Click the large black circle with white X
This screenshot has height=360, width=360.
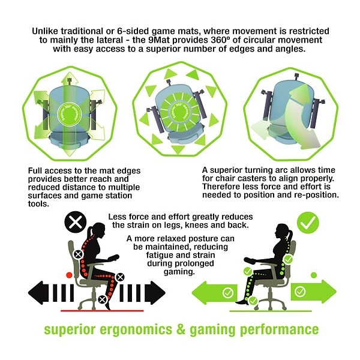point(76,222)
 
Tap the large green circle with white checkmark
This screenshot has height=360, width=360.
point(308,223)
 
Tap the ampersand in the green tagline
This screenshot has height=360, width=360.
point(181,329)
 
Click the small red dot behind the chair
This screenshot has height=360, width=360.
point(69,275)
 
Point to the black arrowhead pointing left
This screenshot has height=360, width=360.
point(38,293)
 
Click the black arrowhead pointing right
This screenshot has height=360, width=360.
point(155,293)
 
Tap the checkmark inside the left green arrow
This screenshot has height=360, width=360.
point(228,293)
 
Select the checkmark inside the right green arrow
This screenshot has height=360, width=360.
point(300,292)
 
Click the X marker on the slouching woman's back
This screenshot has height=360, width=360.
point(78,254)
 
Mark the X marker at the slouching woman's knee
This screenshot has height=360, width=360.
point(121,277)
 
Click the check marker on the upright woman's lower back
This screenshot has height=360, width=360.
point(288,259)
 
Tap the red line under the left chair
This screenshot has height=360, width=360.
point(102,311)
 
